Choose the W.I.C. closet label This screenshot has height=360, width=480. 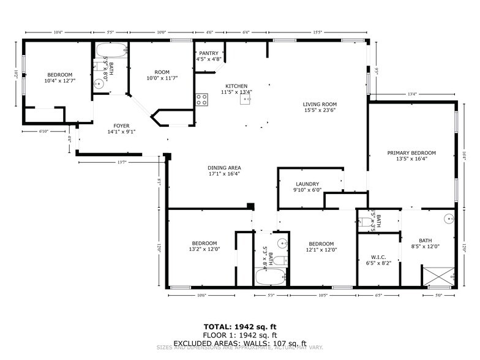coord(377,259)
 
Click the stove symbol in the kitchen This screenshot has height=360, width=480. coord(201,99)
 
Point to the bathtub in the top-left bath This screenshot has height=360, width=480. coord(111,50)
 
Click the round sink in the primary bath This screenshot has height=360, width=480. coord(449,217)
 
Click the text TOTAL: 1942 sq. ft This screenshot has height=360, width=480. coord(239,326)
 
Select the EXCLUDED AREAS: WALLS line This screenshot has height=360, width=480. coord(239,343)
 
